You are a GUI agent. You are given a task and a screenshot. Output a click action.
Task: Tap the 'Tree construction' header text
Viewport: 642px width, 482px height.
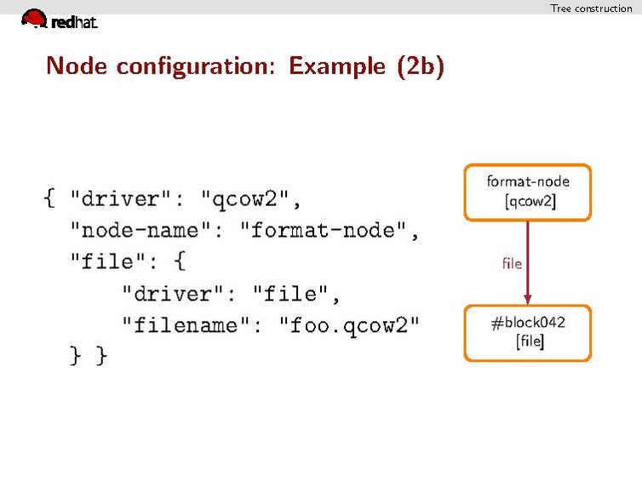click(591, 9)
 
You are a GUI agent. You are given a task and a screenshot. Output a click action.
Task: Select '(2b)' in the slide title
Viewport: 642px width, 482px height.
click(420, 66)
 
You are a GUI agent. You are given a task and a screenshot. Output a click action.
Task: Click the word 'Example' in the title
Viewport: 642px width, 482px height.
click(337, 66)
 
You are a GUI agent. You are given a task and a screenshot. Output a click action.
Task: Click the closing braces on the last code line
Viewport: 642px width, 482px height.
click(89, 356)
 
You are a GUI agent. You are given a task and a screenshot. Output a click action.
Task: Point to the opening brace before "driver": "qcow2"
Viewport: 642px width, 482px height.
click(49, 200)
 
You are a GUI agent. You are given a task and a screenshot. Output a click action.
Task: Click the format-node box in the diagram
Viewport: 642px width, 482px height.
click(527, 192)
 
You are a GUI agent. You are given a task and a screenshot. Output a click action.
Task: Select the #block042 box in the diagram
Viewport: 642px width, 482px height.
click(527, 333)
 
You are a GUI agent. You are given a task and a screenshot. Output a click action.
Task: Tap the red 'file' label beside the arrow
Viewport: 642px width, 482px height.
click(512, 264)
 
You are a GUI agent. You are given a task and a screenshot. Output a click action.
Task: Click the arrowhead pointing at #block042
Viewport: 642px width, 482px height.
click(528, 298)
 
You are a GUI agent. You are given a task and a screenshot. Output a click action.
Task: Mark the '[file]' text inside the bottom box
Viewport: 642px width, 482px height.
click(530, 342)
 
